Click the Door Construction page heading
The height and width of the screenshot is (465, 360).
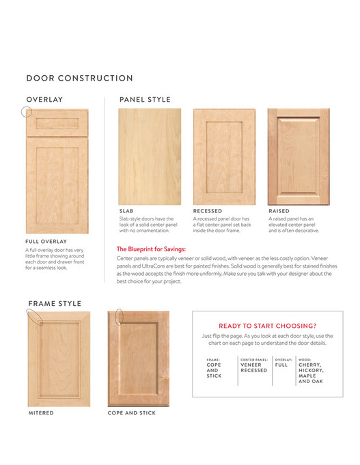point(79,79)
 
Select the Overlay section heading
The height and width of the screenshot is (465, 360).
point(44,100)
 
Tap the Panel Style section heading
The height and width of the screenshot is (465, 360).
point(145,100)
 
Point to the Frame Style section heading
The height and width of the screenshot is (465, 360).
point(55,303)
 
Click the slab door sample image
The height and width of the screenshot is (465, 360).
point(150,156)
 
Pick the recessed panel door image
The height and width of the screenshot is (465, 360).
point(223,156)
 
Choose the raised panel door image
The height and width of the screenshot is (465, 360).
point(297,156)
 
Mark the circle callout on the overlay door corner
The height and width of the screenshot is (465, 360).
point(27,112)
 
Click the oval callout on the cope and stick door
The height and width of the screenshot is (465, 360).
point(119,316)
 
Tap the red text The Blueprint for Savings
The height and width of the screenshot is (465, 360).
point(151,249)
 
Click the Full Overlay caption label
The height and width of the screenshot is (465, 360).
point(46,242)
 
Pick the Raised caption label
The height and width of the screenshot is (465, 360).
point(279,211)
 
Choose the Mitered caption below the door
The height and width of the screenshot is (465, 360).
point(41,413)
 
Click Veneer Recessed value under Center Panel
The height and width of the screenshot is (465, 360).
point(254,367)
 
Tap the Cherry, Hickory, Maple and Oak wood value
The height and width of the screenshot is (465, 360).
point(311,373)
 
